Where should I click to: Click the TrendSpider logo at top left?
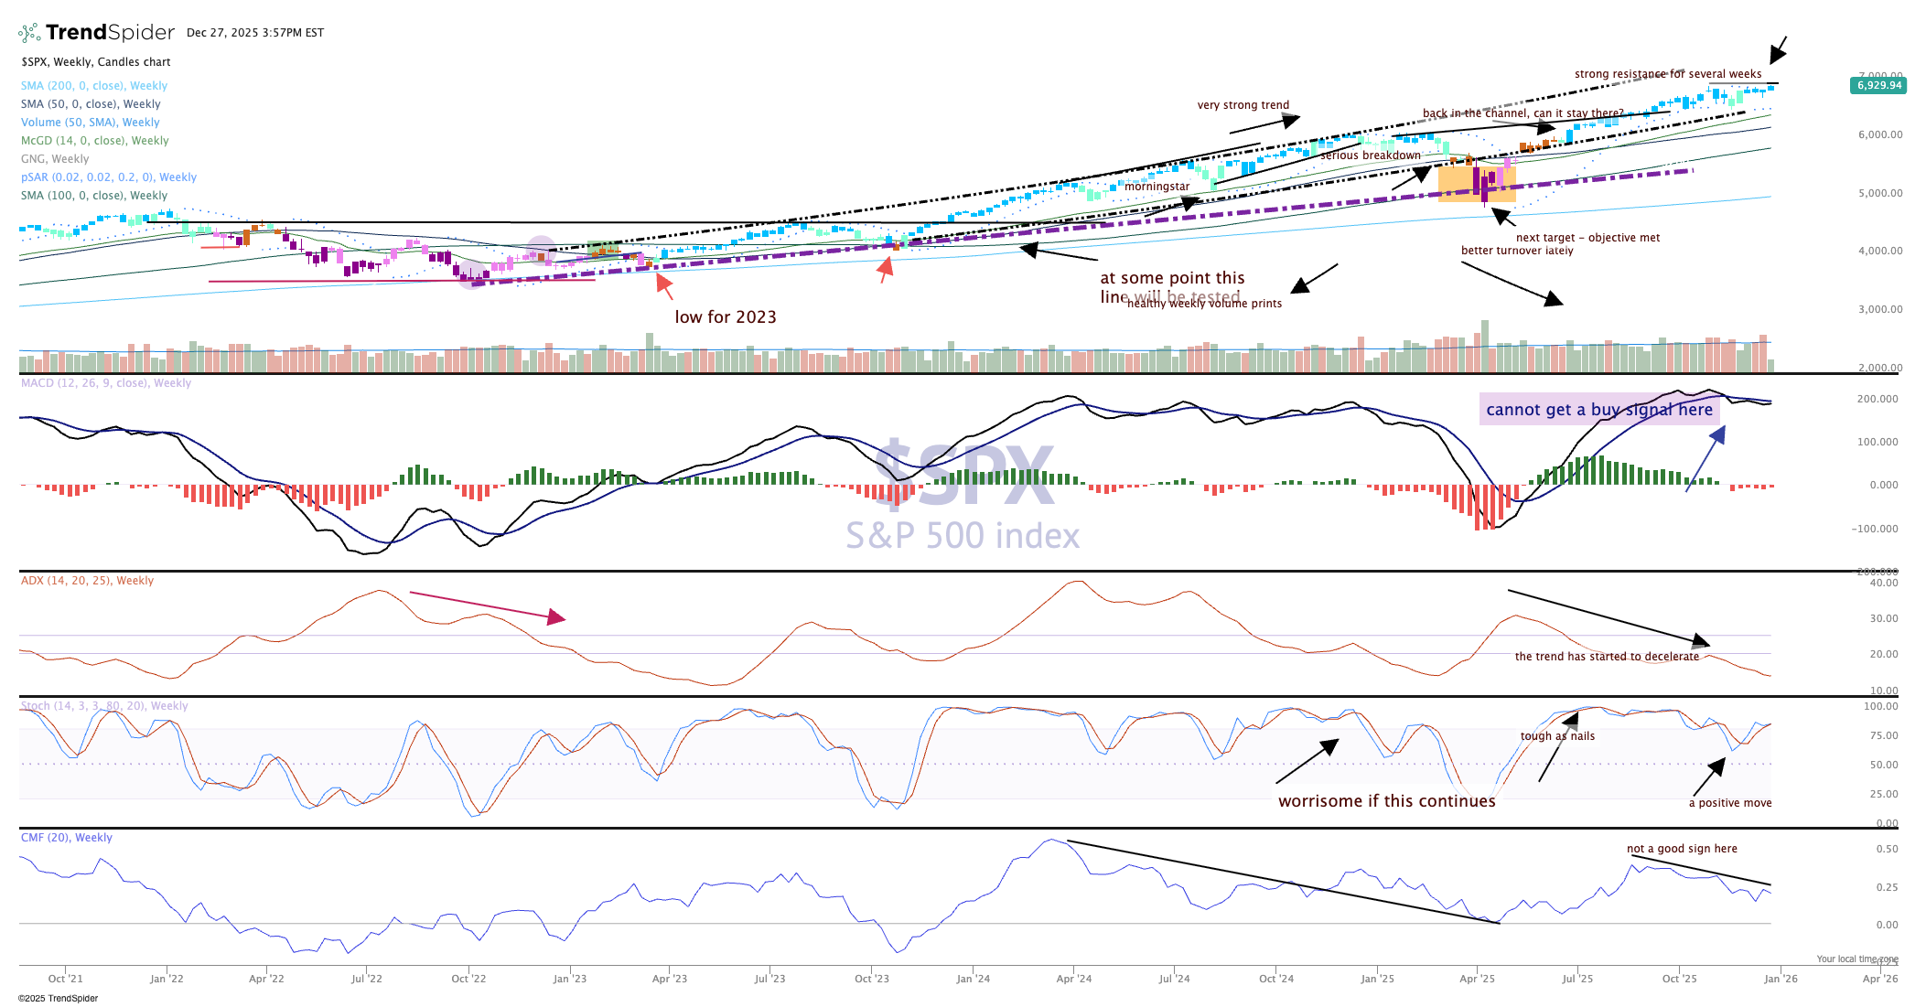[96, 33]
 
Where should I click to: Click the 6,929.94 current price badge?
[1878, 85]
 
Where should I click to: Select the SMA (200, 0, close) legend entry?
[94, 86]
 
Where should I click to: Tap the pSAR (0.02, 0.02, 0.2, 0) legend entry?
[108, 177]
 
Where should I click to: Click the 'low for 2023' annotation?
[726, 317]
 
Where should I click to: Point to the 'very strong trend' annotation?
[1243, 105]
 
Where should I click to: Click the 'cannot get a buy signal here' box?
[1599, 410]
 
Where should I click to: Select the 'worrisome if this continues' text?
[1386, 801]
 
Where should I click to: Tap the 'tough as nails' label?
[1557, 736]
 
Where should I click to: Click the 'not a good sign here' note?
[1682, 849]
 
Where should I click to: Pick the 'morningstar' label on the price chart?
[1157, 187]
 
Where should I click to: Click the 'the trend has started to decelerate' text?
[1607, 657]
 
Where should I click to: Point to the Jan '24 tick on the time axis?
[973, 979]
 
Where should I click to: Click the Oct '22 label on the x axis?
[468, 979]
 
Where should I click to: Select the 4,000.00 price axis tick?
[1880, 251]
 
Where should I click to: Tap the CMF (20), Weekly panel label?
[66, 838]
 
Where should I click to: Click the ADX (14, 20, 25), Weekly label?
[87, 581]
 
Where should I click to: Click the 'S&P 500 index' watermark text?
[963, 536]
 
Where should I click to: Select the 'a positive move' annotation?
[1729, 803]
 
